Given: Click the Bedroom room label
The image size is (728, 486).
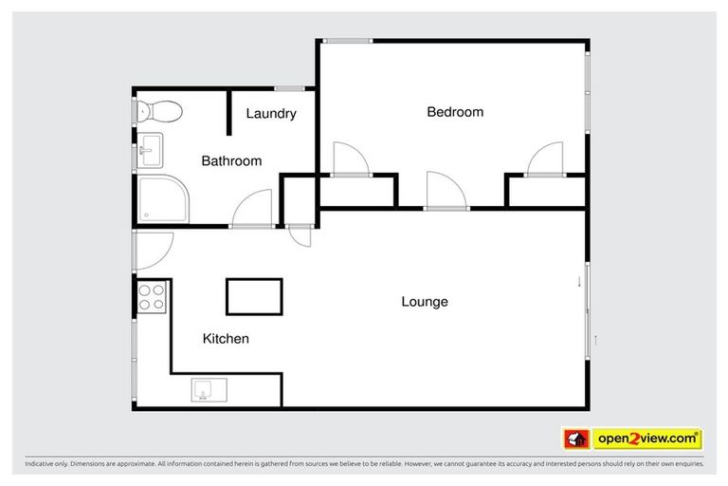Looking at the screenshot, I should pos(455,112).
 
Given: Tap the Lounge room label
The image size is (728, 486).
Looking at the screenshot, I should pos(424,302).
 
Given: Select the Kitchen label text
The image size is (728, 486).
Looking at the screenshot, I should pos(226,338).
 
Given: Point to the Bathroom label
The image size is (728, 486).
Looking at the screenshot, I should pos(231,161).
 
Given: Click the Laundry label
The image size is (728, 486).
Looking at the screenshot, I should pos(271,114).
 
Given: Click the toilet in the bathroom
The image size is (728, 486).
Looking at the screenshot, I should pos(159,111).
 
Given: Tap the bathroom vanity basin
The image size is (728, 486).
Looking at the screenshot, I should pos(150,149).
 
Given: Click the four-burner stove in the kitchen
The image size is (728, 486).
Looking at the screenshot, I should pos(152,298).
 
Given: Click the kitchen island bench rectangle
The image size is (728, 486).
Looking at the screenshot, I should pos(254,296).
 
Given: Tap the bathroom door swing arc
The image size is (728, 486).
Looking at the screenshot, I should pos(253,207).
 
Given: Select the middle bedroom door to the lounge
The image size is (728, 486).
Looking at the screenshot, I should pos(446,190).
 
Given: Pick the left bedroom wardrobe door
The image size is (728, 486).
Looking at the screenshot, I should pos(349,159).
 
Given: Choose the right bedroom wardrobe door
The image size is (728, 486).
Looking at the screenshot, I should pos(546,159).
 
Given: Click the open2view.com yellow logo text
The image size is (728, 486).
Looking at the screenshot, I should pos(646,439).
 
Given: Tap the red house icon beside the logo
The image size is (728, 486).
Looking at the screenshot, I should pos(576,439).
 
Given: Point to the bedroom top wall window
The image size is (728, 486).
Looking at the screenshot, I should pos(346,40).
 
